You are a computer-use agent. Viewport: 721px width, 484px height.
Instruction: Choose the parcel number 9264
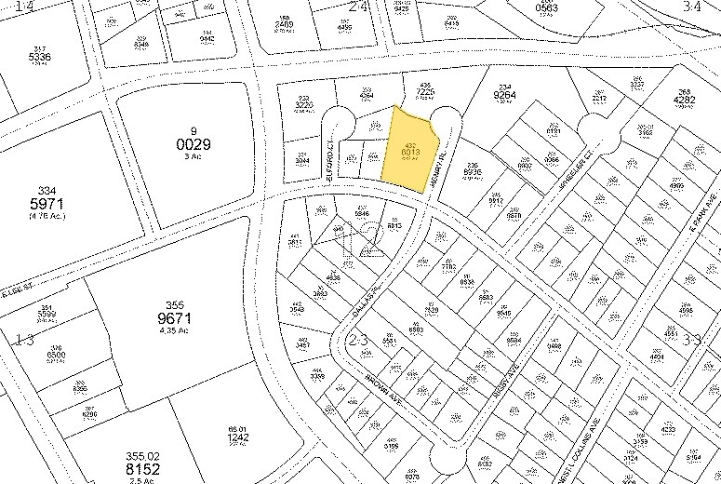pos(504,94)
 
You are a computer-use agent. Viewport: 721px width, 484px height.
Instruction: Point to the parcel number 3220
pos(303,105)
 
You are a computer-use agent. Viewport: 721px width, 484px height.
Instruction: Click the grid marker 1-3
pos(21,339)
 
